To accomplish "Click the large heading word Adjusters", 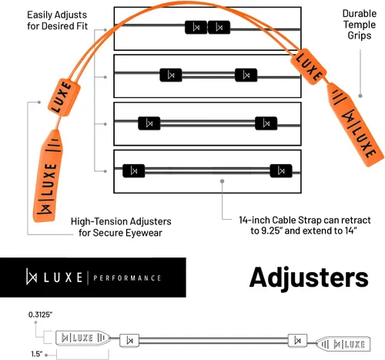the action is pyautogui.click(x=309, y=278).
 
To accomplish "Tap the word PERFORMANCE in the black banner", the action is pyautogui.click(x=127, y=278).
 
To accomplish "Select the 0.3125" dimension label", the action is pyautogui.click(x=40, y=315).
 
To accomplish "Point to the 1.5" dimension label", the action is pyautogui.click(x=37, y=354).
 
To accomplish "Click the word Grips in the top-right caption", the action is pyautogui.click(x=360, y=35).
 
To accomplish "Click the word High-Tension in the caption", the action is pyautogui.click(x=99, y=221).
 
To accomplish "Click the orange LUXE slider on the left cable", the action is pyautogui.click(x=64, y=97).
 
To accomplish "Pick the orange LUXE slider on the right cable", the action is pyautogui.click(x=308, y=66).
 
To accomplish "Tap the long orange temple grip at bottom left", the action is pyautogui.click(x=48, y=176).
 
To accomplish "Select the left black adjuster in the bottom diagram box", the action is pyautogui.click(x=134, y=171).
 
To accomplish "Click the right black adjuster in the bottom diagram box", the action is pyautogui.click(x=281, y=171).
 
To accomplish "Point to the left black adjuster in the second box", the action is pyautogui.click(x=171, y=75).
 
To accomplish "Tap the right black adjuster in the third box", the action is pyautogui.click(x=266, y=123).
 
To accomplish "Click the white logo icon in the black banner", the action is pyautogui.click(x=32, y=277).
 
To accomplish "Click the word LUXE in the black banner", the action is pyautogui.click(x=63, y=278).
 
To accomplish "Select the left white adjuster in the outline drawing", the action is pyautogui.click(x=129, y=341).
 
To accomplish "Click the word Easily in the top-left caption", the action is pyautogui.click(x=38, y=15).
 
